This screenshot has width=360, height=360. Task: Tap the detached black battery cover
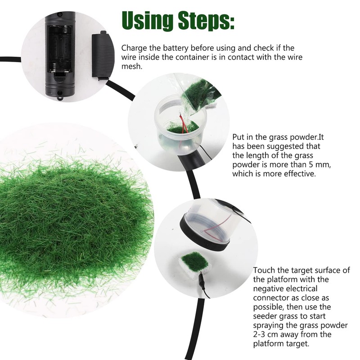(x=99, y=55)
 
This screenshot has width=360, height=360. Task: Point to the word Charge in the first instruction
(x=134, y=48)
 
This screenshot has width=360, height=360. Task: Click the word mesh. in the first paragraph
(x=132, y=66)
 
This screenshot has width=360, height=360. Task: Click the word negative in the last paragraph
(x=270, y=288)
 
